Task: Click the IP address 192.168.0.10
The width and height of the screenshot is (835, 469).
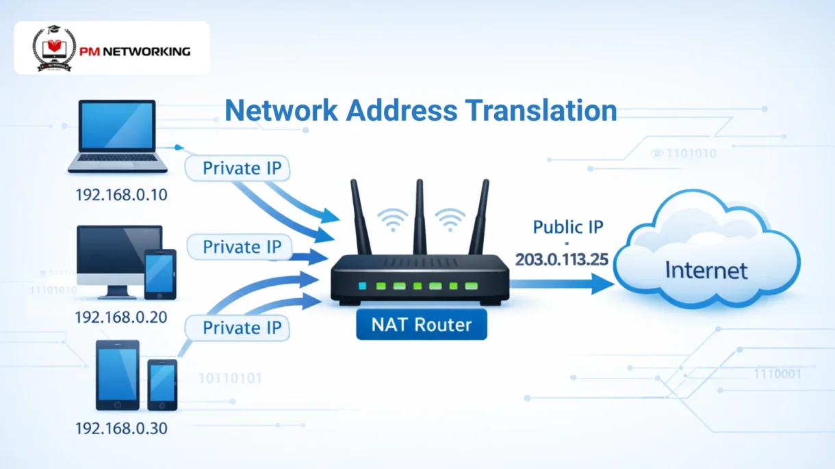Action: tap(121, 195)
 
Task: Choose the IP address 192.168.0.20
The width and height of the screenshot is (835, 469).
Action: tap(121, 317)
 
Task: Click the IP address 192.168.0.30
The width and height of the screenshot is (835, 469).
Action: tap(121, 429)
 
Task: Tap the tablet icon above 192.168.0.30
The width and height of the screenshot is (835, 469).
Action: tap(118, 374)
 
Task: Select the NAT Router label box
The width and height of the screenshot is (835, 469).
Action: tap(422, 323)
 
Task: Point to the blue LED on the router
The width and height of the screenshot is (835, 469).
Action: tap(363, 285)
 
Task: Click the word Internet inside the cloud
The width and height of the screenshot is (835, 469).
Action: tap(706, 270)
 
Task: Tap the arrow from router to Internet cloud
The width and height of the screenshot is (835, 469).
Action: tap(561, 284)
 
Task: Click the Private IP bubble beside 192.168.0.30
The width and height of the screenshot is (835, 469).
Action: tap(242, 328)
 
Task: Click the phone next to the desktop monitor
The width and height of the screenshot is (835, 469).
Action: tap(161, 273)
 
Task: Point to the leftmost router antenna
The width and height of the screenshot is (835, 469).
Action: tap(360, 215)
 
